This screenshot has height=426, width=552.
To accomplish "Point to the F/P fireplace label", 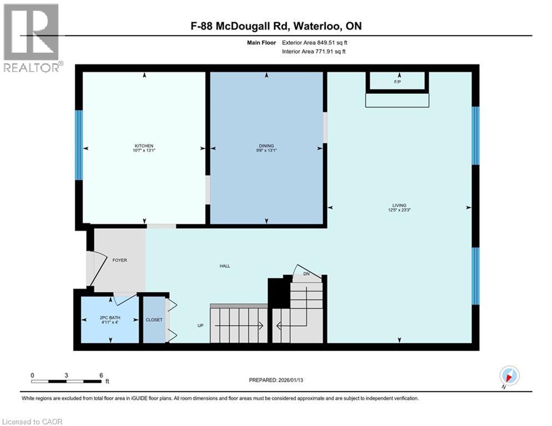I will point(397,82).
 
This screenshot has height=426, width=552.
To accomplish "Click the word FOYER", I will point(120,260).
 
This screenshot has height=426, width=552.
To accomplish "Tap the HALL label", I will point(225,266).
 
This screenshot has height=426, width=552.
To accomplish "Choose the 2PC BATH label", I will point(110,319).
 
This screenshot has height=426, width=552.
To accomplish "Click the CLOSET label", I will point(154,320).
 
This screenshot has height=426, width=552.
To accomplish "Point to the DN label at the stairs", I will point(306,274).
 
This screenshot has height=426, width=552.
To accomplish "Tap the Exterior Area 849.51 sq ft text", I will point(314,42).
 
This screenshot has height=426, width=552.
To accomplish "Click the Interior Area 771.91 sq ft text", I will point(315,52).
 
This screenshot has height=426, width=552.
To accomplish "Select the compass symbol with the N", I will point(509,376).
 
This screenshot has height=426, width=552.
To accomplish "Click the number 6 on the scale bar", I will point(101,376).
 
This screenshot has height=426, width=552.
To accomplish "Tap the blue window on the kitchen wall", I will point(79,145).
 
